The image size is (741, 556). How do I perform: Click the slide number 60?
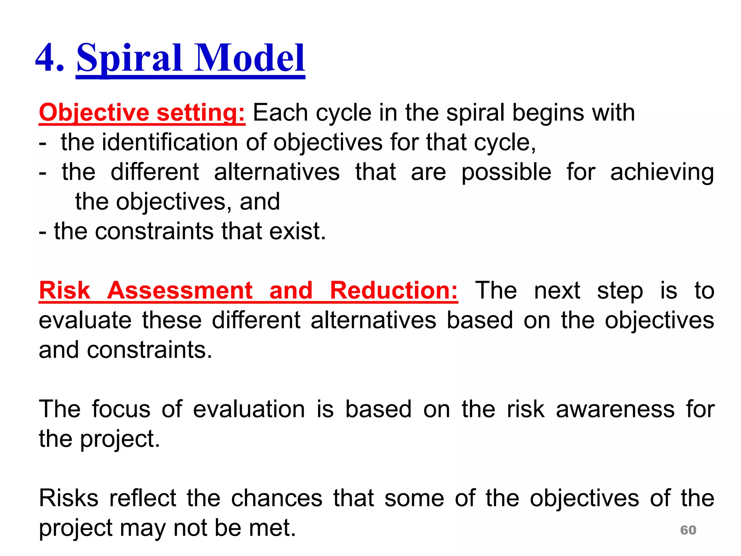click(x=688, y=530)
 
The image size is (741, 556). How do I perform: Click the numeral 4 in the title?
click(x=49, y=58)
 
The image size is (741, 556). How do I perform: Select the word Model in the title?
click(x=250, y=58)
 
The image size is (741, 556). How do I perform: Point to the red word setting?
click(x=201, y=113)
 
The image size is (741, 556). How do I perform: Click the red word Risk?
click(x=64, y=290)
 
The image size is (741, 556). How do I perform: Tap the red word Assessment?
click(x=179, y=290)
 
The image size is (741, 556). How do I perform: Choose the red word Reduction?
click(x=394, y=290)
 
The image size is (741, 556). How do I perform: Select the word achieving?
click(x=662, y=172)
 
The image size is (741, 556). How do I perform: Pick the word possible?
click(x=506, y=172)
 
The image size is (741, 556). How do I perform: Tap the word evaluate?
click(x=85, y=320)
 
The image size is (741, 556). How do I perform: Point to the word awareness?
click(x=615, y=409)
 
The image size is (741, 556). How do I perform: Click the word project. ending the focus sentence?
click(x=120, y=439)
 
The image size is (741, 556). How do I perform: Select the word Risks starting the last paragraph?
click(x=69, y=498)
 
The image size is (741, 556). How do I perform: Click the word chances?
click(x=276, y=498)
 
